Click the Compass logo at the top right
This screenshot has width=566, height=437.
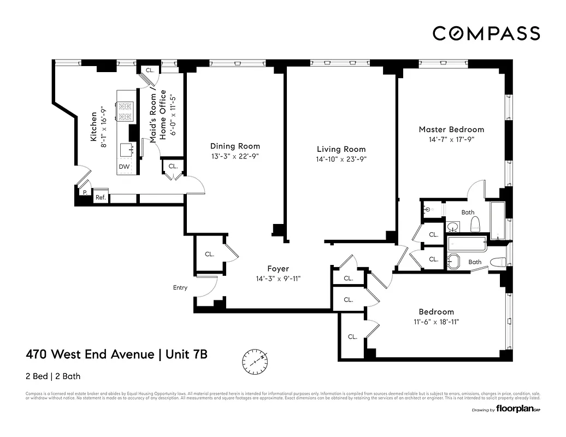pyautogui.click(x=486, y=33)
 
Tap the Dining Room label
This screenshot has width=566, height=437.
pyautogui.click(x=235, y=146)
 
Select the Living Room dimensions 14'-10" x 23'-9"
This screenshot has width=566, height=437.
pyautogui.click(x=341, y=160)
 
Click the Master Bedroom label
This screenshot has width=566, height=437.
pyautogui.click(x=451, y=129)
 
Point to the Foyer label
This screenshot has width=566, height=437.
pyautogui.click(x=278, y=268)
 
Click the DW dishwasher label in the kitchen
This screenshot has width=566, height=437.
pyautogui.click(x=124, y=167)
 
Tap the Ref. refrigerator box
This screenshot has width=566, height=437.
pyautogui.click(x=101, y=197)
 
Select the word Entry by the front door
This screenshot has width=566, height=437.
pyautogui.click(x=180, y=287)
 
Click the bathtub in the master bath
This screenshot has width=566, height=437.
pyautogui.click(x=498, y=220)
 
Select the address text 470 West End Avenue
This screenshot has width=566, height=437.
pyautogui.click(x=90, y=355)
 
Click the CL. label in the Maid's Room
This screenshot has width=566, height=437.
pyautogui.click(x=150, y=70)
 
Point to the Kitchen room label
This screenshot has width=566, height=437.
pyautogui.click(x=94, y=127)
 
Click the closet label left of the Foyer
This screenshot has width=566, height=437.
pyautogui.click(x=209, y=254)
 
